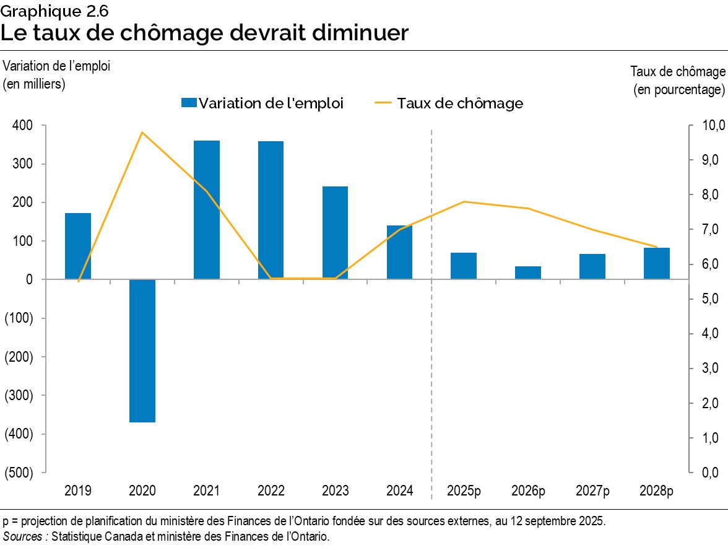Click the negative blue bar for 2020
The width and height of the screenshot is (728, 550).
click(142, 351)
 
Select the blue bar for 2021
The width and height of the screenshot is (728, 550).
click(206, 210)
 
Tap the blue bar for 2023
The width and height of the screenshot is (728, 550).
click(335, 233)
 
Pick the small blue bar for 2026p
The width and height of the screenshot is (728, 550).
click(528, 273)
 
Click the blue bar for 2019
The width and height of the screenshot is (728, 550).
click(78, 246)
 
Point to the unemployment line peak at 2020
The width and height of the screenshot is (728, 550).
click(142, 133)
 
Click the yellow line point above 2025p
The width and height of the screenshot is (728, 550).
click(464, 202)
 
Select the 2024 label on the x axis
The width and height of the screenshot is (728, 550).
click(399, 491)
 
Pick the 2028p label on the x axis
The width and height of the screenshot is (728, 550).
click(656, 491)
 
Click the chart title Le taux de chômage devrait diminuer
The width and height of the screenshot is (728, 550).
click(204, 33)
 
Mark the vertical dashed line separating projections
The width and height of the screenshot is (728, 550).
click(431, 310)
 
